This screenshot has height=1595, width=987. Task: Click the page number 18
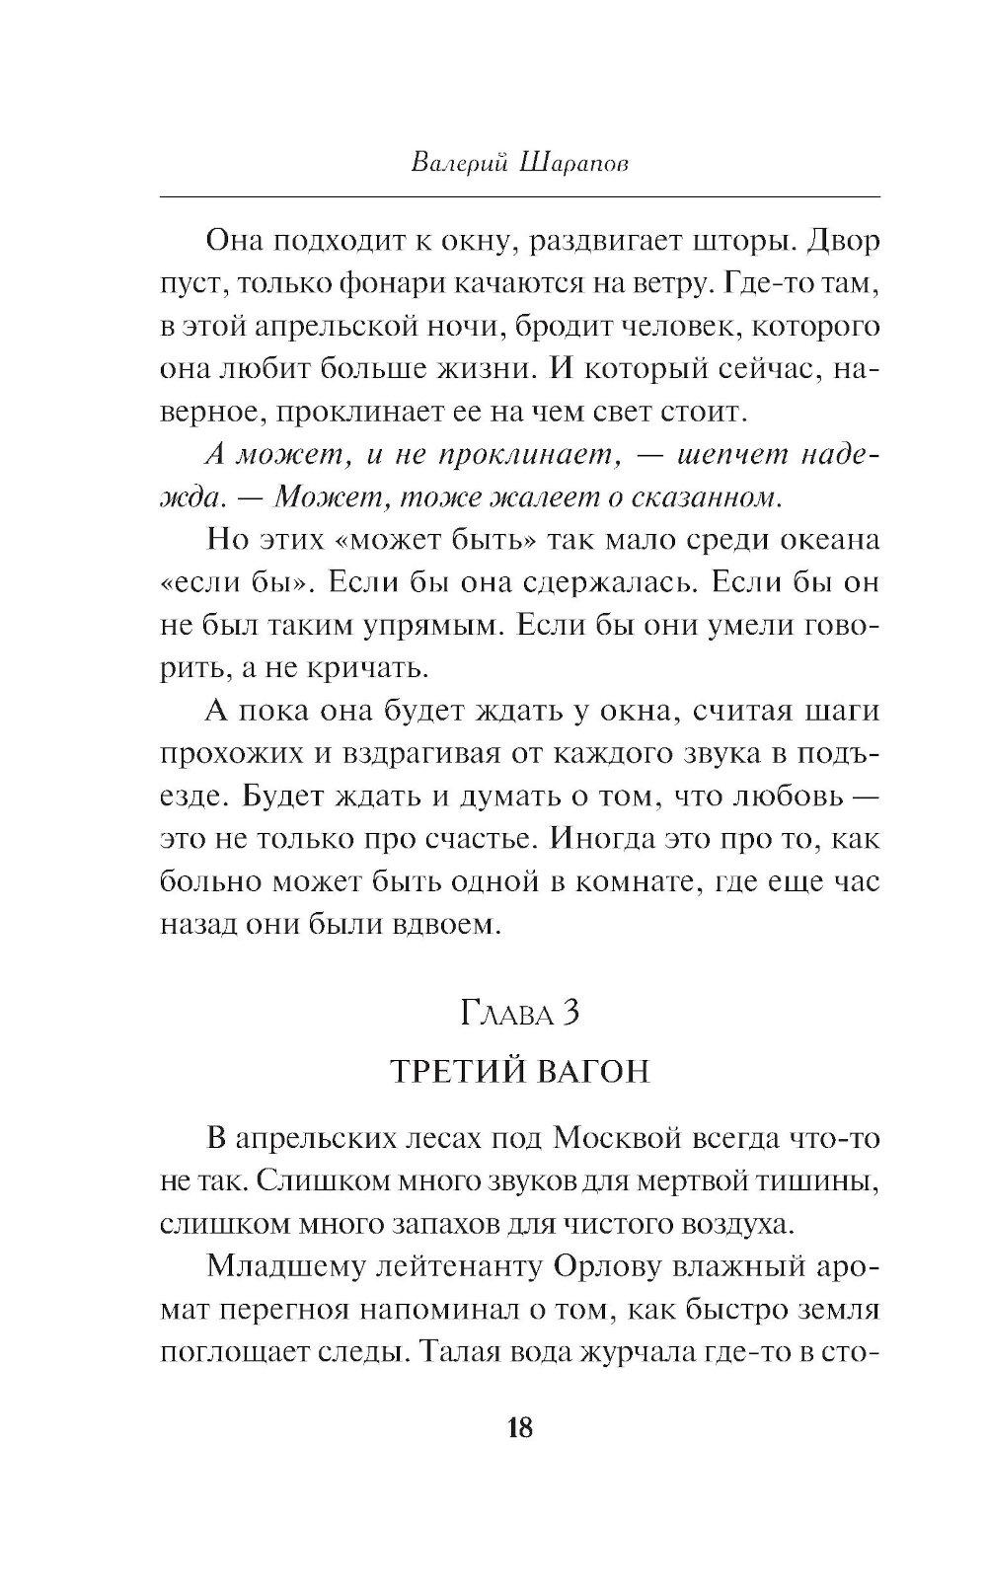click(x=520, y=1426)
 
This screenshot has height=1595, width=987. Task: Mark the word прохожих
click(x=227, y=755)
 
